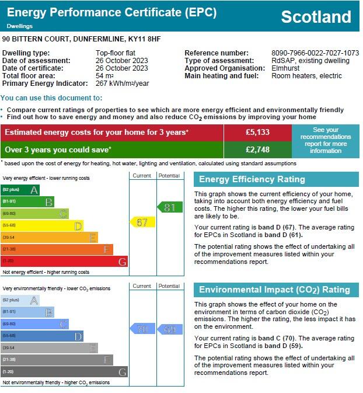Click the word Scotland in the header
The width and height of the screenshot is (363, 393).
316,17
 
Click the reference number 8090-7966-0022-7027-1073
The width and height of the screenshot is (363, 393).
315,53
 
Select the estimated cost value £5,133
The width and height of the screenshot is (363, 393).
257,133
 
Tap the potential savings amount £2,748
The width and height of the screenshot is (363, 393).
257,150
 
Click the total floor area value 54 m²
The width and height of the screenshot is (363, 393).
104,76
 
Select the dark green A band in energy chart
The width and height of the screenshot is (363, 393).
20,190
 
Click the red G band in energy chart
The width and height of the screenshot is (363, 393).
64,262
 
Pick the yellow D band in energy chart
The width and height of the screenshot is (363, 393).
42,225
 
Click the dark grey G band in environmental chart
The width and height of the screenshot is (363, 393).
64,372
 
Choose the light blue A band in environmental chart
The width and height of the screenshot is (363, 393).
20,300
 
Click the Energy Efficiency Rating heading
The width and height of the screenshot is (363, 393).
252,179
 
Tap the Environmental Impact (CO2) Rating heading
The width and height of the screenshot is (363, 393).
274,290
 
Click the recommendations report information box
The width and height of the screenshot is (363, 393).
326,141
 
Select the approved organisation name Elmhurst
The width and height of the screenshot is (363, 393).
285,68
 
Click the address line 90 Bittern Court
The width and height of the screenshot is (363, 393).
81,39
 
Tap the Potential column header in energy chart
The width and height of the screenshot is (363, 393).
169,175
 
